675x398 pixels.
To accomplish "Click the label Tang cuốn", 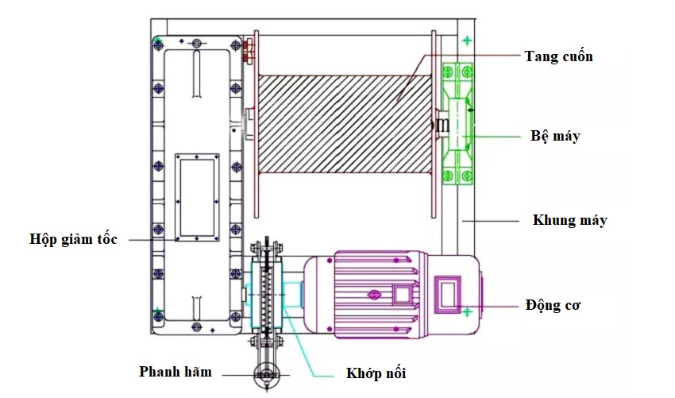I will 558,56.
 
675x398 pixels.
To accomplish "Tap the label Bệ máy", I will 555,136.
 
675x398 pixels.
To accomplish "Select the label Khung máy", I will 569,220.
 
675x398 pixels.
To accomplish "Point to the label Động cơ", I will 553,305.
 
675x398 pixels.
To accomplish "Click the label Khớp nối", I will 375,373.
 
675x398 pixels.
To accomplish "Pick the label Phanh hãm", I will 175,371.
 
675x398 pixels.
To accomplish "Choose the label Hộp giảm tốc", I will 73,238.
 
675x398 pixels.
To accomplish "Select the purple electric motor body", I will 373,294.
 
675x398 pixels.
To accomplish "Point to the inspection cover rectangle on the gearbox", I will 195,196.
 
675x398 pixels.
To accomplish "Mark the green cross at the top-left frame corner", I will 160,39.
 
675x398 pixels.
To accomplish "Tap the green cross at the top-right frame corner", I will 467,40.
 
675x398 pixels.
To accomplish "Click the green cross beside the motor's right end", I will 468,311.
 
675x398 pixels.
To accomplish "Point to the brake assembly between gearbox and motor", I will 266,296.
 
